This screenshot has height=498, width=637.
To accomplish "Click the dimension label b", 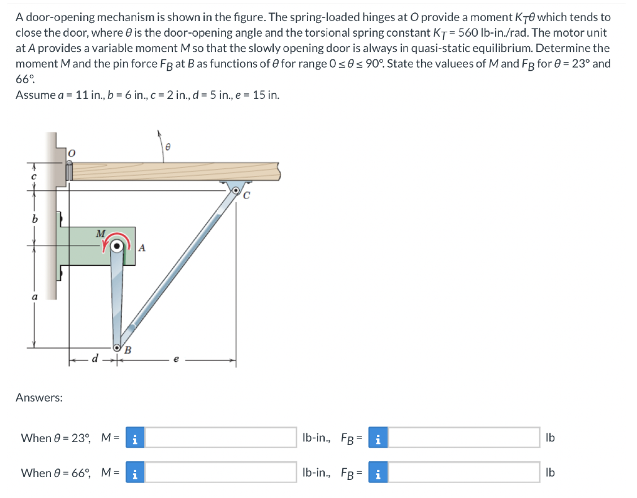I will pyautogui.click(x=35, y=219).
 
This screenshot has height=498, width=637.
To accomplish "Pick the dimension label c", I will pyautogui.click(x=35, y=177).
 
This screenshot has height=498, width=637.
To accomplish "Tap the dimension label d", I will pyautogui.click(x=95, y=358).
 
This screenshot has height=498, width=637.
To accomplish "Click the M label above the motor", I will pyautogui.click(x=101, y=233).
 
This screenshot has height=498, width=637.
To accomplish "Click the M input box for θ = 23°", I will pyautogui.click(x=221, y=438).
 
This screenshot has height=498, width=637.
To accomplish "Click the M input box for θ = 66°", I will pyautogui.click(x=221, y=473).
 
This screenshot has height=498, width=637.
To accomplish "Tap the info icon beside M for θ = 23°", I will pyautogui.click(x=136, y=438).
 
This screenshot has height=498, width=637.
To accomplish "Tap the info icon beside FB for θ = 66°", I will pyautogui.click(x=378, y=473).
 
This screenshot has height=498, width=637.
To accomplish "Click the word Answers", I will pyautogui.click(x=39, y=397).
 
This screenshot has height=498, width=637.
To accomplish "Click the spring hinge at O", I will pyautogui.click(x=69, y=169).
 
